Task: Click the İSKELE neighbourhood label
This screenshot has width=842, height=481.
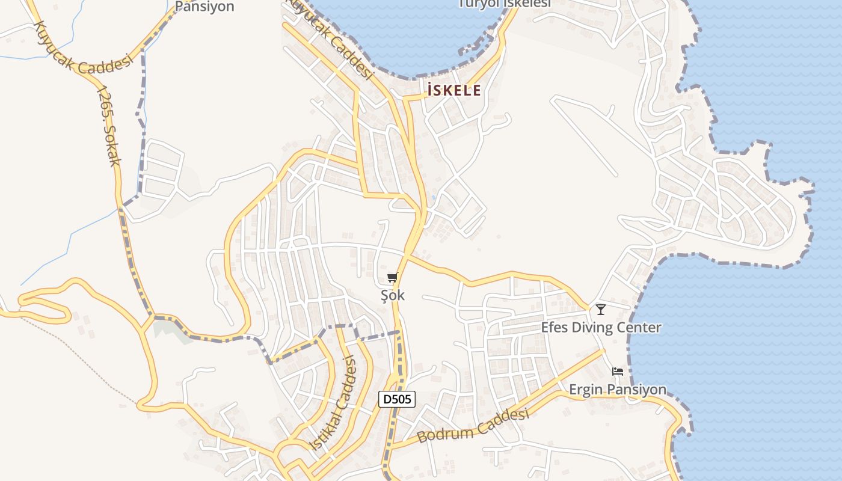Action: (x=454, y=91)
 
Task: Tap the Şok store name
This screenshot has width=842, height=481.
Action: (x=393, y=295)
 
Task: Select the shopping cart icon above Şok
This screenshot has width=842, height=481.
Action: (x=393, y=277)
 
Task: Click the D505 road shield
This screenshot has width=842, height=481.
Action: (x=397, y=399)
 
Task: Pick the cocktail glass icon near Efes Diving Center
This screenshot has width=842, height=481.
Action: (x=600, y=310)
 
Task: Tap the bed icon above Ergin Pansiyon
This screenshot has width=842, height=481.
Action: (x=618, y=372)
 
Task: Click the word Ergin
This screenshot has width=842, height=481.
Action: (x=585, y=390)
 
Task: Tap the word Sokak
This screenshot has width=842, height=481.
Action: (x=112, y=146)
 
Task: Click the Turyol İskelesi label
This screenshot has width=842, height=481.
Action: (x=505, y=4)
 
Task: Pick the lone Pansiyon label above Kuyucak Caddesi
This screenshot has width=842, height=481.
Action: (x=204, y=7)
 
